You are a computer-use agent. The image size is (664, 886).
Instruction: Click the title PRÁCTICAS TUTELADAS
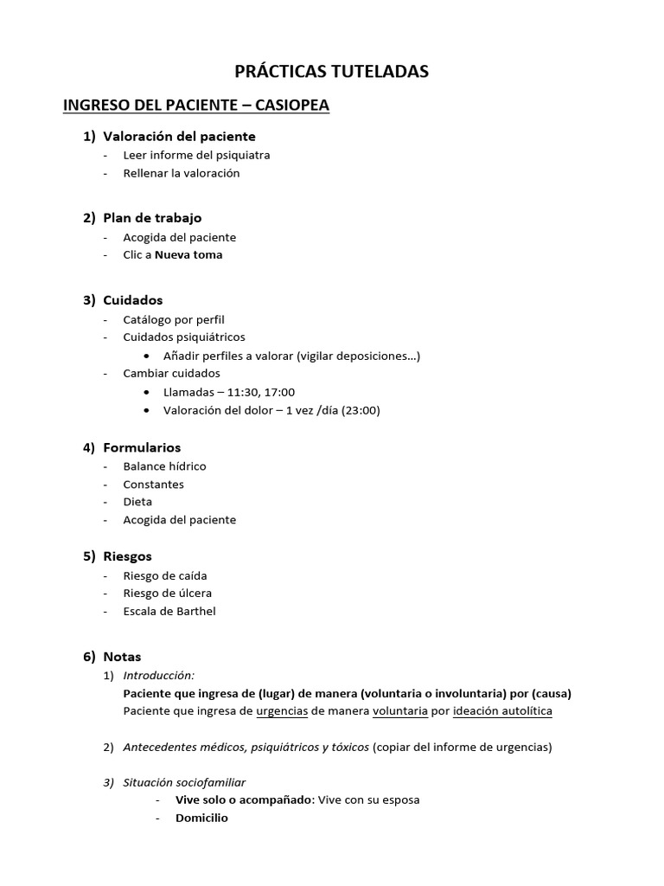(x=332, y=72)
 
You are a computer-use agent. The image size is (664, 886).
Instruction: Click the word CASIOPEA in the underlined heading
(x=292, y=106)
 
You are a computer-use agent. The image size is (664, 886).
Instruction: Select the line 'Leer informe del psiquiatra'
(x=196, y=155)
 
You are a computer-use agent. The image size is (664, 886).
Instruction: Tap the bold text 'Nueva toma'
(x=188, y=254)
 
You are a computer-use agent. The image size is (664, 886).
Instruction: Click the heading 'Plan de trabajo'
(x=152, y=218)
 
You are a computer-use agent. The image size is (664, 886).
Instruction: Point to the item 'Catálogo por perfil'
(x=174, y=319)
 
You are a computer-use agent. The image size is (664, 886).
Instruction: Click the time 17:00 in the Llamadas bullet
(x=278, y=392)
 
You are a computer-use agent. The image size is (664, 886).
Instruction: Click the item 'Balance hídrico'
(x=164, y=466)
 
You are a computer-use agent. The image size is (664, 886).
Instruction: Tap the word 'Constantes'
(x=153, y=485)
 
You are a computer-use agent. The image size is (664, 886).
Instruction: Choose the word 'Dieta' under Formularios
(x=137, y=502)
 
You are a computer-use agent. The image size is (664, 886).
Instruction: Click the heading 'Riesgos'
(x=127, y=556)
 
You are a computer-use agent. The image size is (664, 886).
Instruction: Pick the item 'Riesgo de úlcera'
(x=167, y=594)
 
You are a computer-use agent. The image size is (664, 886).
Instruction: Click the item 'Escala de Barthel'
(x=169, y=611)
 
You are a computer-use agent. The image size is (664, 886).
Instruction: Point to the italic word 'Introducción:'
(x=159, y=675)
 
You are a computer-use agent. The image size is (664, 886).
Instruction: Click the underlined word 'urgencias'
(x=282, y=711)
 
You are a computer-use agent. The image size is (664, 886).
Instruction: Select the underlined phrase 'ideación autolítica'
(x=502, y=711)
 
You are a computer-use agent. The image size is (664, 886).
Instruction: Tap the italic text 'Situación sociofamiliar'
(x=184, y=782)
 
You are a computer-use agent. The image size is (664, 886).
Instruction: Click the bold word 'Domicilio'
(x=201, y=818)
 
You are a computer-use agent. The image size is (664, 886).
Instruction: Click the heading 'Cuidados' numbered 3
(x=133, y=300)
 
